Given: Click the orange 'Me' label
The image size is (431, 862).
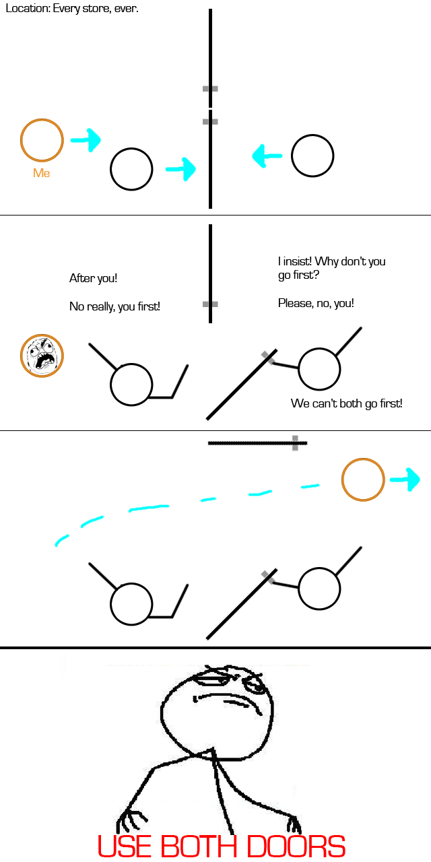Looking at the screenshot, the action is (42, 173).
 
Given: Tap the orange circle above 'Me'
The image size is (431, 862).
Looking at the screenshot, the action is (42, 140).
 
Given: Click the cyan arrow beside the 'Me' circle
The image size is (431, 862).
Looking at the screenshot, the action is (86, 139).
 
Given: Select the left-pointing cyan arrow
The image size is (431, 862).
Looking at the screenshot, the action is (267, 156).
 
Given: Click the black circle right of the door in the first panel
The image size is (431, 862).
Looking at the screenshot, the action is (312, 156).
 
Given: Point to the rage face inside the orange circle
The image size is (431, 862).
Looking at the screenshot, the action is (42, 356).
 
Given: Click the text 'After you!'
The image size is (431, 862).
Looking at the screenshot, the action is (93, 278).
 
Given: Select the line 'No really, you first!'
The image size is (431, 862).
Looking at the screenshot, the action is (114, 306).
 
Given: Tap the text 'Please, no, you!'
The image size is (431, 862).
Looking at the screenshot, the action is (316, 303).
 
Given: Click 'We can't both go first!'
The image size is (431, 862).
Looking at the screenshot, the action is (347, 403).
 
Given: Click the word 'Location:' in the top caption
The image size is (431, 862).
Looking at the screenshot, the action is (28, 9).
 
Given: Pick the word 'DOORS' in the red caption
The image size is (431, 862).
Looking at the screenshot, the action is (296, 846).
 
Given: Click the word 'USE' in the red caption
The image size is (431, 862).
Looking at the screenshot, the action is (126, 846).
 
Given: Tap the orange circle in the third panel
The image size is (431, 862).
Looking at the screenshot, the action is (363, 479).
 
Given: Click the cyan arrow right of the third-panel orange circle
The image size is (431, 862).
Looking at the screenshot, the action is (405, 479).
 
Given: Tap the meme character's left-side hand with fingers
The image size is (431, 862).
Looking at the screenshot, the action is (131, 822).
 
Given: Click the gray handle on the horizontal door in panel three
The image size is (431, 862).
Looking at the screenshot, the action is (295, 443).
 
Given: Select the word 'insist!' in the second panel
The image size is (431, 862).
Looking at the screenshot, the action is (298, 261).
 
